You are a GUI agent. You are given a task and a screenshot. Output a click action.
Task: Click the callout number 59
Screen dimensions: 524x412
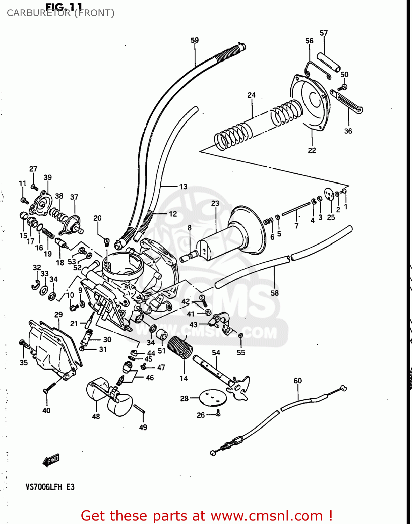coord(195,40)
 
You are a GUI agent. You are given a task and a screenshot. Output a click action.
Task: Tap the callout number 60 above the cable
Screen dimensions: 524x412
coord(297,380)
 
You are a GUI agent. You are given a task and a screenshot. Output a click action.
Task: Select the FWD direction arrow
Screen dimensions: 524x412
coord(51,460)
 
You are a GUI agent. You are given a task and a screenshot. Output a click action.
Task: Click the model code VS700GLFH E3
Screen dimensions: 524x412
coord(50,487)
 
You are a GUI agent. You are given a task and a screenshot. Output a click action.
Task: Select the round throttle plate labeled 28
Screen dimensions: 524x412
coord(211,398)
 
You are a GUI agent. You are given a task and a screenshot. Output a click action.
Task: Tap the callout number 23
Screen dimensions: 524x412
coord(215,203)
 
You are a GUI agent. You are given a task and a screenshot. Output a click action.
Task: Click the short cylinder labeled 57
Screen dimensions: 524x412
coord(328,62)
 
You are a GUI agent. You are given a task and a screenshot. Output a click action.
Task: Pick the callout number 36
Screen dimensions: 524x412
coord(348,131)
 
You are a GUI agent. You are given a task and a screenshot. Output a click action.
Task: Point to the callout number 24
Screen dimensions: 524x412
coord(252,95)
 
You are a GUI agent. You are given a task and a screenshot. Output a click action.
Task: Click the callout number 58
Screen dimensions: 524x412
coord(275,293)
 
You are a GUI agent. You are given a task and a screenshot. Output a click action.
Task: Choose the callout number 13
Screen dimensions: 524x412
coord(183,187)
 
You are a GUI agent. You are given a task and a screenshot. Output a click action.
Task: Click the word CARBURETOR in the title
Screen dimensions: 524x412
coord(38,13)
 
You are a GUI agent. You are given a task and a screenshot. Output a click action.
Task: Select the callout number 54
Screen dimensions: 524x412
coord(216,353)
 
